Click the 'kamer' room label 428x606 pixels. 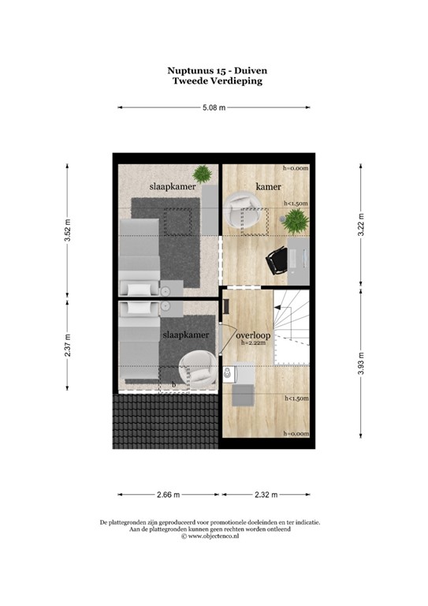[269, 185]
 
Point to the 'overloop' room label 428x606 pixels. [253, 335]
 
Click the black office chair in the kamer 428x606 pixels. [277, 261]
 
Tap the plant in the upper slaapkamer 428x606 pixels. [203, 173]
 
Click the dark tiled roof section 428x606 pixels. [164, 421]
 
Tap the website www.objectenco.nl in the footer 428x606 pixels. [214, 536]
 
